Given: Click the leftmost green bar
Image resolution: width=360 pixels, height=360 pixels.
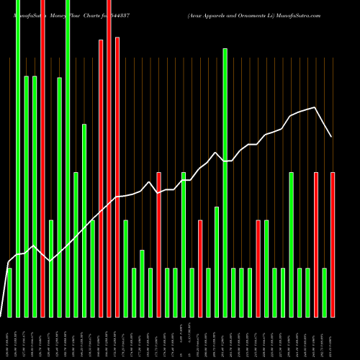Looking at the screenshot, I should [9, 292].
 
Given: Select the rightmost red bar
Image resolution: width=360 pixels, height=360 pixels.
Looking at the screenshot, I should [333, 245].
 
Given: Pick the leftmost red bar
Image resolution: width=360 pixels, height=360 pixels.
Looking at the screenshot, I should [42, 158].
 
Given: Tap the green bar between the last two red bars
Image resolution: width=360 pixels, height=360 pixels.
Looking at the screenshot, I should [325, 292].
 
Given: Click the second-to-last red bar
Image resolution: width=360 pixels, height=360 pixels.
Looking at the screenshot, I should [316, 245].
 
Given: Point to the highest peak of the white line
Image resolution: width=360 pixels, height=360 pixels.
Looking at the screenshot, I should [315, 107].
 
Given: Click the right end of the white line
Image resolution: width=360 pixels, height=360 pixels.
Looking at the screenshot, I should [332, 137].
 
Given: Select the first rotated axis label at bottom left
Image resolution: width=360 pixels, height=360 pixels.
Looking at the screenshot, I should [9, 338].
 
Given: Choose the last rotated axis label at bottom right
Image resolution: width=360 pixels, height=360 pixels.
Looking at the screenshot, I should [333, 338].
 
